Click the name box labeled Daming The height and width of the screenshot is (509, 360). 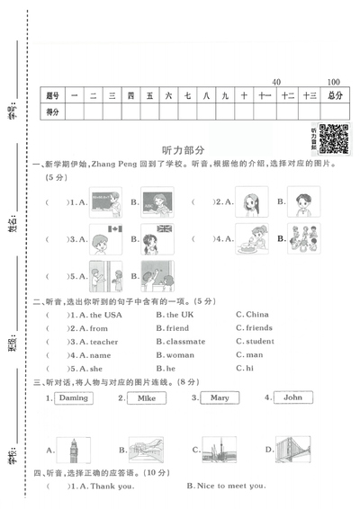coord(74,397)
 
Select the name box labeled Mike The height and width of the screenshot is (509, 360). coord(147,397)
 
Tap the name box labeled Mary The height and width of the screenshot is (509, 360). coord(220,397)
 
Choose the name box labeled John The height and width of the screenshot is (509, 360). coord(292,397)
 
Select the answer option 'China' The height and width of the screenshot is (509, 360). coord(256,315)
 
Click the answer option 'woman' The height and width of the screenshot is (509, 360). coord(178,355)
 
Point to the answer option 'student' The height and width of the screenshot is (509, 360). coord(259,342)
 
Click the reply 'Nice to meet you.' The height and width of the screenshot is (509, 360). coord(230,487)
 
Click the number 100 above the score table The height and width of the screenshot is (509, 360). coord(334,81)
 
